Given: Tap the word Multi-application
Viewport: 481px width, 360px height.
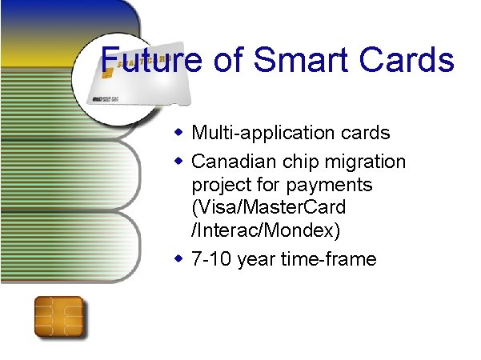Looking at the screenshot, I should click(x=255, y=132).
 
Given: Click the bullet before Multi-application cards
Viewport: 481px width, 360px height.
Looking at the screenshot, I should click(x=181, y=131).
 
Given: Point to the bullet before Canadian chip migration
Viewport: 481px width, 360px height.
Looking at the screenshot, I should click(x=181, y=162).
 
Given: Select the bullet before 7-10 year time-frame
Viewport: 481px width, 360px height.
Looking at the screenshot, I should click(x=181, y=259).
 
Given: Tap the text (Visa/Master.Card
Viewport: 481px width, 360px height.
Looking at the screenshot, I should click(x=269, y=208).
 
